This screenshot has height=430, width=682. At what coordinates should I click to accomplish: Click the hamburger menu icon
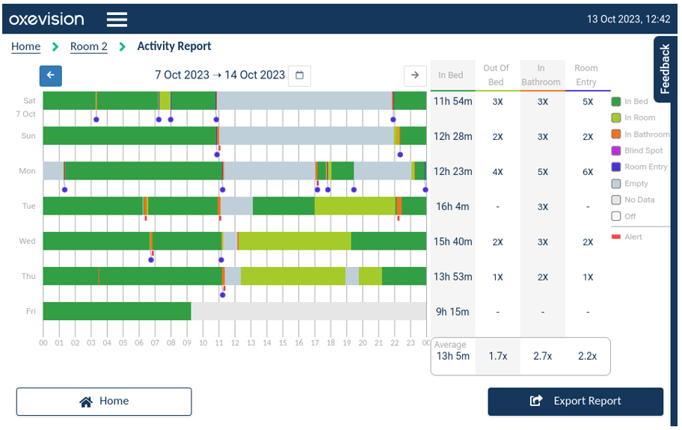(117, 19)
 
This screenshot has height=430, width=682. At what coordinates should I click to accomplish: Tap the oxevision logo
(46, 19)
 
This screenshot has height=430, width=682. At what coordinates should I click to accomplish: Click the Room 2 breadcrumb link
(88, 46)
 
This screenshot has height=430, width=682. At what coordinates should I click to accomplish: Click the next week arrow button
(415, 75)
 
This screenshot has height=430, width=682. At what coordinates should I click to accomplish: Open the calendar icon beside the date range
(299, 75)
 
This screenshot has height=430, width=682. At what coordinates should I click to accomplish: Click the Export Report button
(575, 401)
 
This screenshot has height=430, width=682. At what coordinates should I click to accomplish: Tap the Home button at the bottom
(104, 401)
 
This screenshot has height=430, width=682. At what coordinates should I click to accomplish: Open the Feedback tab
(665, 69)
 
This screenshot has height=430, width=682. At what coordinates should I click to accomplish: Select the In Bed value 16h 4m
(452, 206)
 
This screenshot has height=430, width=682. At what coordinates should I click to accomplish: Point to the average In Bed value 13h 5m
(452, 356)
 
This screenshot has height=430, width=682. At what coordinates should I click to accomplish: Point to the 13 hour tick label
(251, 343)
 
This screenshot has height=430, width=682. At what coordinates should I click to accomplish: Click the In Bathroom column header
(541, 75)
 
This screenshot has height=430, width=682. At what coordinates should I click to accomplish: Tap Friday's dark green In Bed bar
(117, 311)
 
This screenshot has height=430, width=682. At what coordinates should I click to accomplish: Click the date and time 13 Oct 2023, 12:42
(628, 19)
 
